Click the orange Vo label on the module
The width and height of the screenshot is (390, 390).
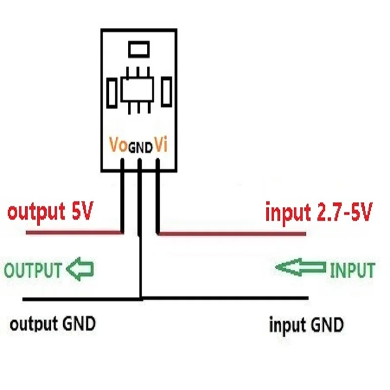coord(118,146)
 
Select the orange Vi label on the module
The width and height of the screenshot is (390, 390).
coord(161,145)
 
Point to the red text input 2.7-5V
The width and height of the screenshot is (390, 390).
coord(318,213)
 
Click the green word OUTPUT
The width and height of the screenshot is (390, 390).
coord(33,271)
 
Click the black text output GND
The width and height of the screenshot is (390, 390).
coord(53,323)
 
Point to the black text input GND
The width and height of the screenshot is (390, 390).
coord(306,324)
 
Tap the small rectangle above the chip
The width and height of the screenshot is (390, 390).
coord(139,49)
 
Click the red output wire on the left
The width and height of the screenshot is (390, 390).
coord(73,234)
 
